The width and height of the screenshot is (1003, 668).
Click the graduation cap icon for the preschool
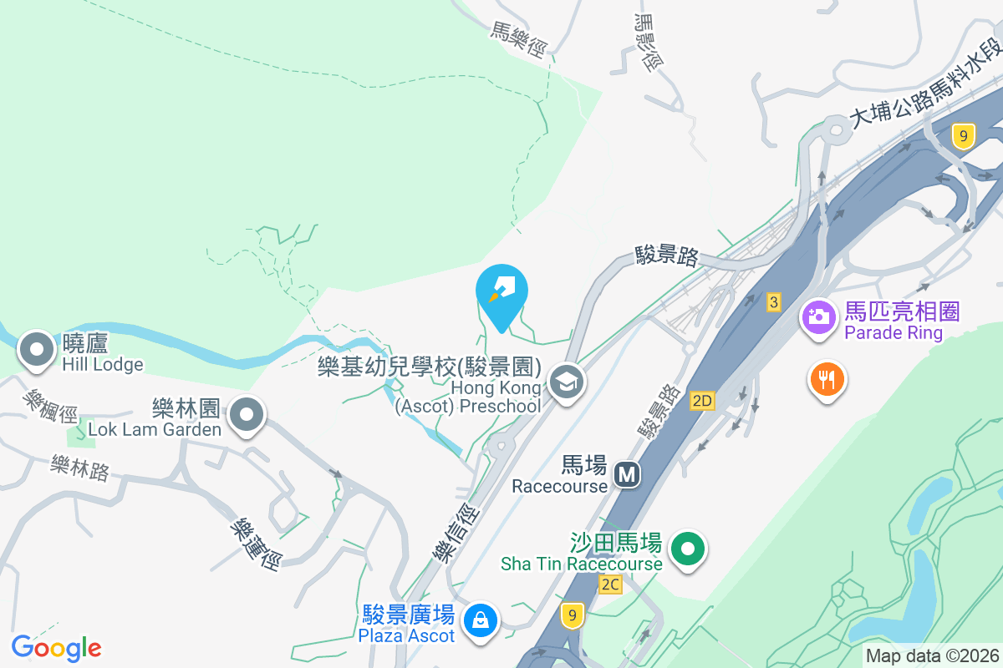tap(567, 383)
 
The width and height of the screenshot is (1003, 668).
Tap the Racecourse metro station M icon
tap(627, 475)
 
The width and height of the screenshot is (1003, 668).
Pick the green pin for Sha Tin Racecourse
tap(688, 550)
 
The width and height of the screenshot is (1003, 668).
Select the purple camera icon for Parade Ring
tap(818, 316)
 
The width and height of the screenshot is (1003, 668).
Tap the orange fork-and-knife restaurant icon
tap(827, 381)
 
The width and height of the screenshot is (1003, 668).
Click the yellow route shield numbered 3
tap(774, 302)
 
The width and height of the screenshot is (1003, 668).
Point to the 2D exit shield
tap(702, 402)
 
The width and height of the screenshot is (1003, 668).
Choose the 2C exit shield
tap(610, 584)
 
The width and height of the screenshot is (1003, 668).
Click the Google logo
tap(56, 648)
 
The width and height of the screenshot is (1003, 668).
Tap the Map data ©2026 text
tap(931, 656)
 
